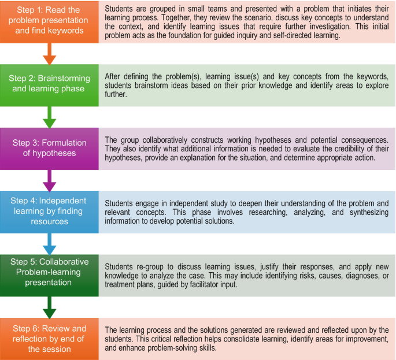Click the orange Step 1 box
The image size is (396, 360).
tap(49, 22)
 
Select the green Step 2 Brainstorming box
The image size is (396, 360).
tap(49, 86)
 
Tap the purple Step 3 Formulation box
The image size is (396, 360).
tap(49, 149)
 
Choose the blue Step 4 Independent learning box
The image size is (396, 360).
tap(49, 212)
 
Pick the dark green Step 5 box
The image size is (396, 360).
tap(49, 276)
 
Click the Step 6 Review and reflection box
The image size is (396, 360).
tap(49, 339)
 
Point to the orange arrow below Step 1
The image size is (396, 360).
tap(50, 54)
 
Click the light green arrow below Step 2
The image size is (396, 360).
tap(50, 117)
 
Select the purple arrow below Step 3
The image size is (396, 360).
tap(50, 181)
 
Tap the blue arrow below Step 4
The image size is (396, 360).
tap(50, 244)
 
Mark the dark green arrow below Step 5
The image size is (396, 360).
tap(50, 307)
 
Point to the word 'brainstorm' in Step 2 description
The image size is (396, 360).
tap(149, 86)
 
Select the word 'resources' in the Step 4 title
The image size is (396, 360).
tap(50, 221)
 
